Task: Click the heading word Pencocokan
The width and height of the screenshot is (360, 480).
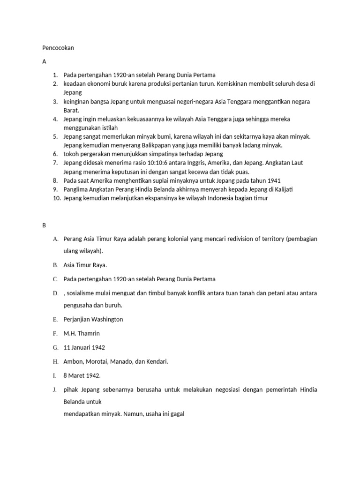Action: tap(58, 48)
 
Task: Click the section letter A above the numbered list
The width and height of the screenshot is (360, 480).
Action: tap(44, 61)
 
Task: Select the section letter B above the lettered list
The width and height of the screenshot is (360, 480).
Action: tap(44, 225)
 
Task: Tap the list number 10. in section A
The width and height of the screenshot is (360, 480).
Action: tap(56, 198)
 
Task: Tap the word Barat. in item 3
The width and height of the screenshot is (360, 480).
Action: tap(72, 110)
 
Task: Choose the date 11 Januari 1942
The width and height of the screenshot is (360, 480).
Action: tap(84, 347)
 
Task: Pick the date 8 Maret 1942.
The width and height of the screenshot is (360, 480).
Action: tap(82, 375)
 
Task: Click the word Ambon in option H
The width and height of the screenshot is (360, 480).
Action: tap(73, 361)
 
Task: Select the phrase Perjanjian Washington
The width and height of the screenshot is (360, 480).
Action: tap(93, 319)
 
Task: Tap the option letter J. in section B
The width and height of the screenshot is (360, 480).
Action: tap(55, 390)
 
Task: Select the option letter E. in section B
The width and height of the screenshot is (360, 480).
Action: tap(55, 319)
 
